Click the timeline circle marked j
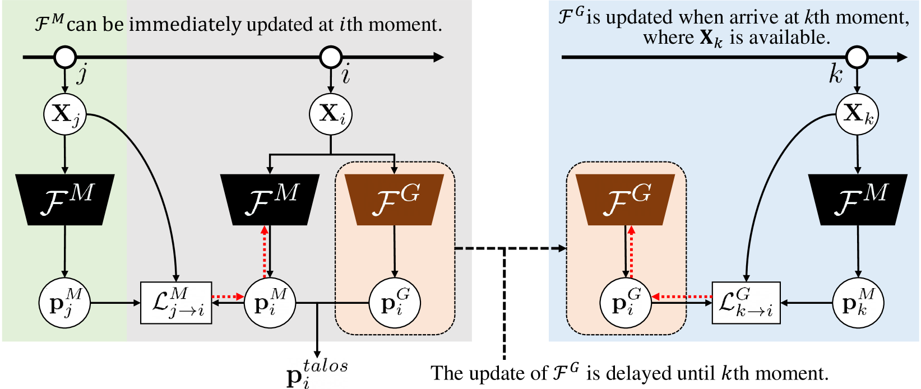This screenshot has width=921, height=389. tap(65, 57)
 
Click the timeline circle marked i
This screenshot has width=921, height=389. tap(331, 57)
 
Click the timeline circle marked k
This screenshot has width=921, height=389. tap(857, 57)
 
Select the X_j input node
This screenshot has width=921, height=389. tap(65, 114)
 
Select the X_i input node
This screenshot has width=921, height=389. tap(331, 114)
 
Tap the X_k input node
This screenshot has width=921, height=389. tap(857, 114)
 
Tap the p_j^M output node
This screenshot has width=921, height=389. tap(65, 303)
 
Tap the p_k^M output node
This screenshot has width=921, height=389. tap(858, 303)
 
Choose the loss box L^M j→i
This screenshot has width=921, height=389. tap(176, 303)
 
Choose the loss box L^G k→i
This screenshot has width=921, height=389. tap(746, 303)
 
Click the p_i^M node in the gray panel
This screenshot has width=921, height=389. tap(270, 303)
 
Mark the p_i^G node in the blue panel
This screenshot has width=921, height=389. tap(626, 303)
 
